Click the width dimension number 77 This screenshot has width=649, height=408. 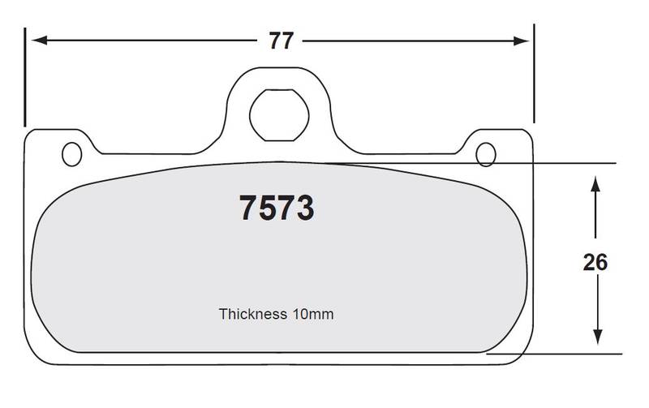281,41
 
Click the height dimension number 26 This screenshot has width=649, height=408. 595,262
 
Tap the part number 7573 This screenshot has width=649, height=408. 277,208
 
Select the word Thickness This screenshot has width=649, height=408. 252,314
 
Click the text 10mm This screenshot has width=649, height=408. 313,314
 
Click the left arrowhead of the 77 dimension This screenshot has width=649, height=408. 39,40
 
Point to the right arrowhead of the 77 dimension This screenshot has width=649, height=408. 521,41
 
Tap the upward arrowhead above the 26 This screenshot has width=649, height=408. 595,184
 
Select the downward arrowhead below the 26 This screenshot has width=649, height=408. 597,337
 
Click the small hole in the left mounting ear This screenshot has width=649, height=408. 71,154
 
